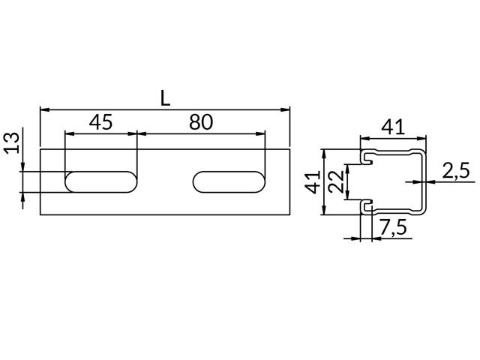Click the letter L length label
pos(165,99)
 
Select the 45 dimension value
pos(101,121)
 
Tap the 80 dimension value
pos(201,121)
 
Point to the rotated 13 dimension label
pos(12,143)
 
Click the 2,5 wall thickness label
pos(456,170)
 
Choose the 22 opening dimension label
pos(337,181)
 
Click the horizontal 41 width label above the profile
pos(393,127)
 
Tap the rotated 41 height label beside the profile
pos(313,182)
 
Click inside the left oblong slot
pos(101,181)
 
